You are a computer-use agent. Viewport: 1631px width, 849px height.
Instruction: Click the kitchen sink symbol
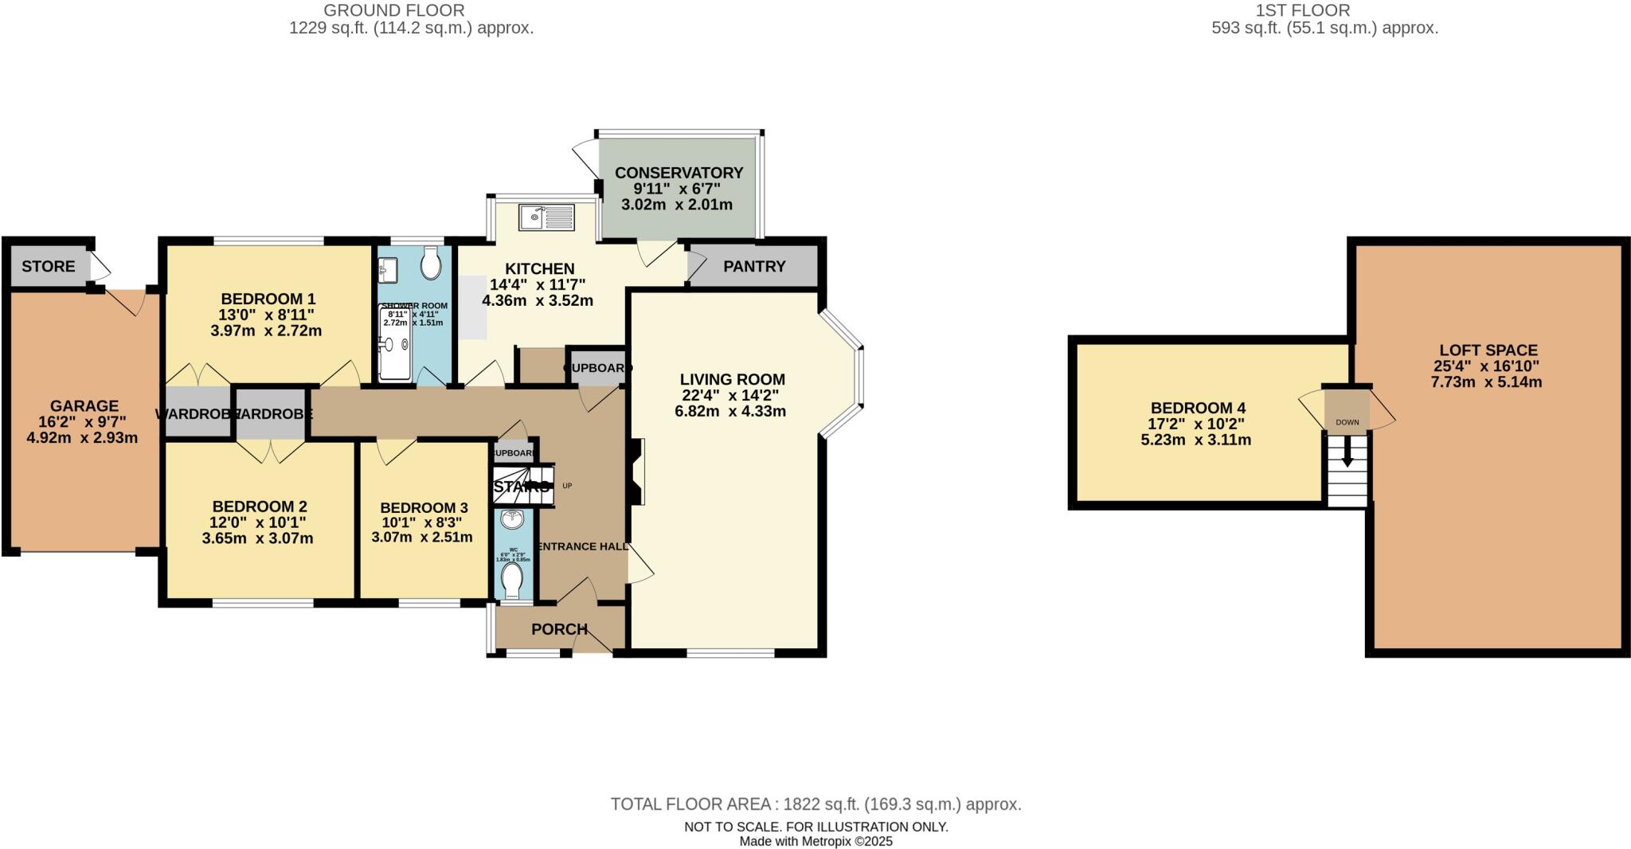546,217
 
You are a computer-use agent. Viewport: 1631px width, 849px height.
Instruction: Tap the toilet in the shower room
431,264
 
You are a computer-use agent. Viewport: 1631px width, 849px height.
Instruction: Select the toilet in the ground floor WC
513,580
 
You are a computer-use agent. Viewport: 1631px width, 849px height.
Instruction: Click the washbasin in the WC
511,520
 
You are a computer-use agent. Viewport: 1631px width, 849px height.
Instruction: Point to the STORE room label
49,266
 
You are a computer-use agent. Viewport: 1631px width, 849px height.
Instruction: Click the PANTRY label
754,266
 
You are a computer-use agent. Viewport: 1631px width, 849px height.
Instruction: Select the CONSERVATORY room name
679,173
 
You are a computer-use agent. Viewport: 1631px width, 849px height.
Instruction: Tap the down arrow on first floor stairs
1347,453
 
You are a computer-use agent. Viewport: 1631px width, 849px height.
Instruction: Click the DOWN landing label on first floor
1347,422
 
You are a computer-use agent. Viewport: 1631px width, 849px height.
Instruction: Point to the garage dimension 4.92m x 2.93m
82,437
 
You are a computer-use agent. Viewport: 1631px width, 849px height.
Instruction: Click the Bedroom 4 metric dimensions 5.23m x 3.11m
1195,440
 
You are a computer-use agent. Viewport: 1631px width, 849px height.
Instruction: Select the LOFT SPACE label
1488,350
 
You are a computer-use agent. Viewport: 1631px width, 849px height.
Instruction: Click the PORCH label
559,629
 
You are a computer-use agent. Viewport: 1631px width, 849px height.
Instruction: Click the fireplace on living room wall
636,471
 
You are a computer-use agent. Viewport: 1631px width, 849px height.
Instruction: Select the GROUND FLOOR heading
394,10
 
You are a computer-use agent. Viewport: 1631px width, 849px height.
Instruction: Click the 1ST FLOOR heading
1324,10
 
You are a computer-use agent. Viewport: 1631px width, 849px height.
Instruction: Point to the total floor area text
815,804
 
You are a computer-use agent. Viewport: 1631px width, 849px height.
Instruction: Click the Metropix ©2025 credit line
815,841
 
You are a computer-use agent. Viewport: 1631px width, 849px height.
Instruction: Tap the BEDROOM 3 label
424,507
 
